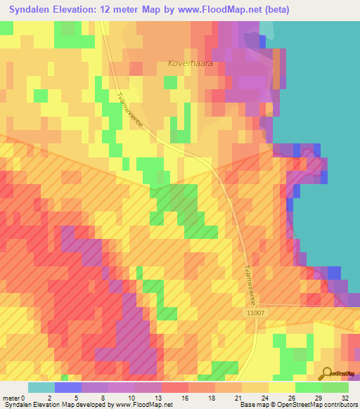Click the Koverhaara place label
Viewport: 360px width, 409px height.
(x=190, y=63)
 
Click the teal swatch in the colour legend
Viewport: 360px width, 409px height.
(x=41, y=387)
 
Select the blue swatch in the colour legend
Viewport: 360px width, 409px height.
(x=67, y=387)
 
